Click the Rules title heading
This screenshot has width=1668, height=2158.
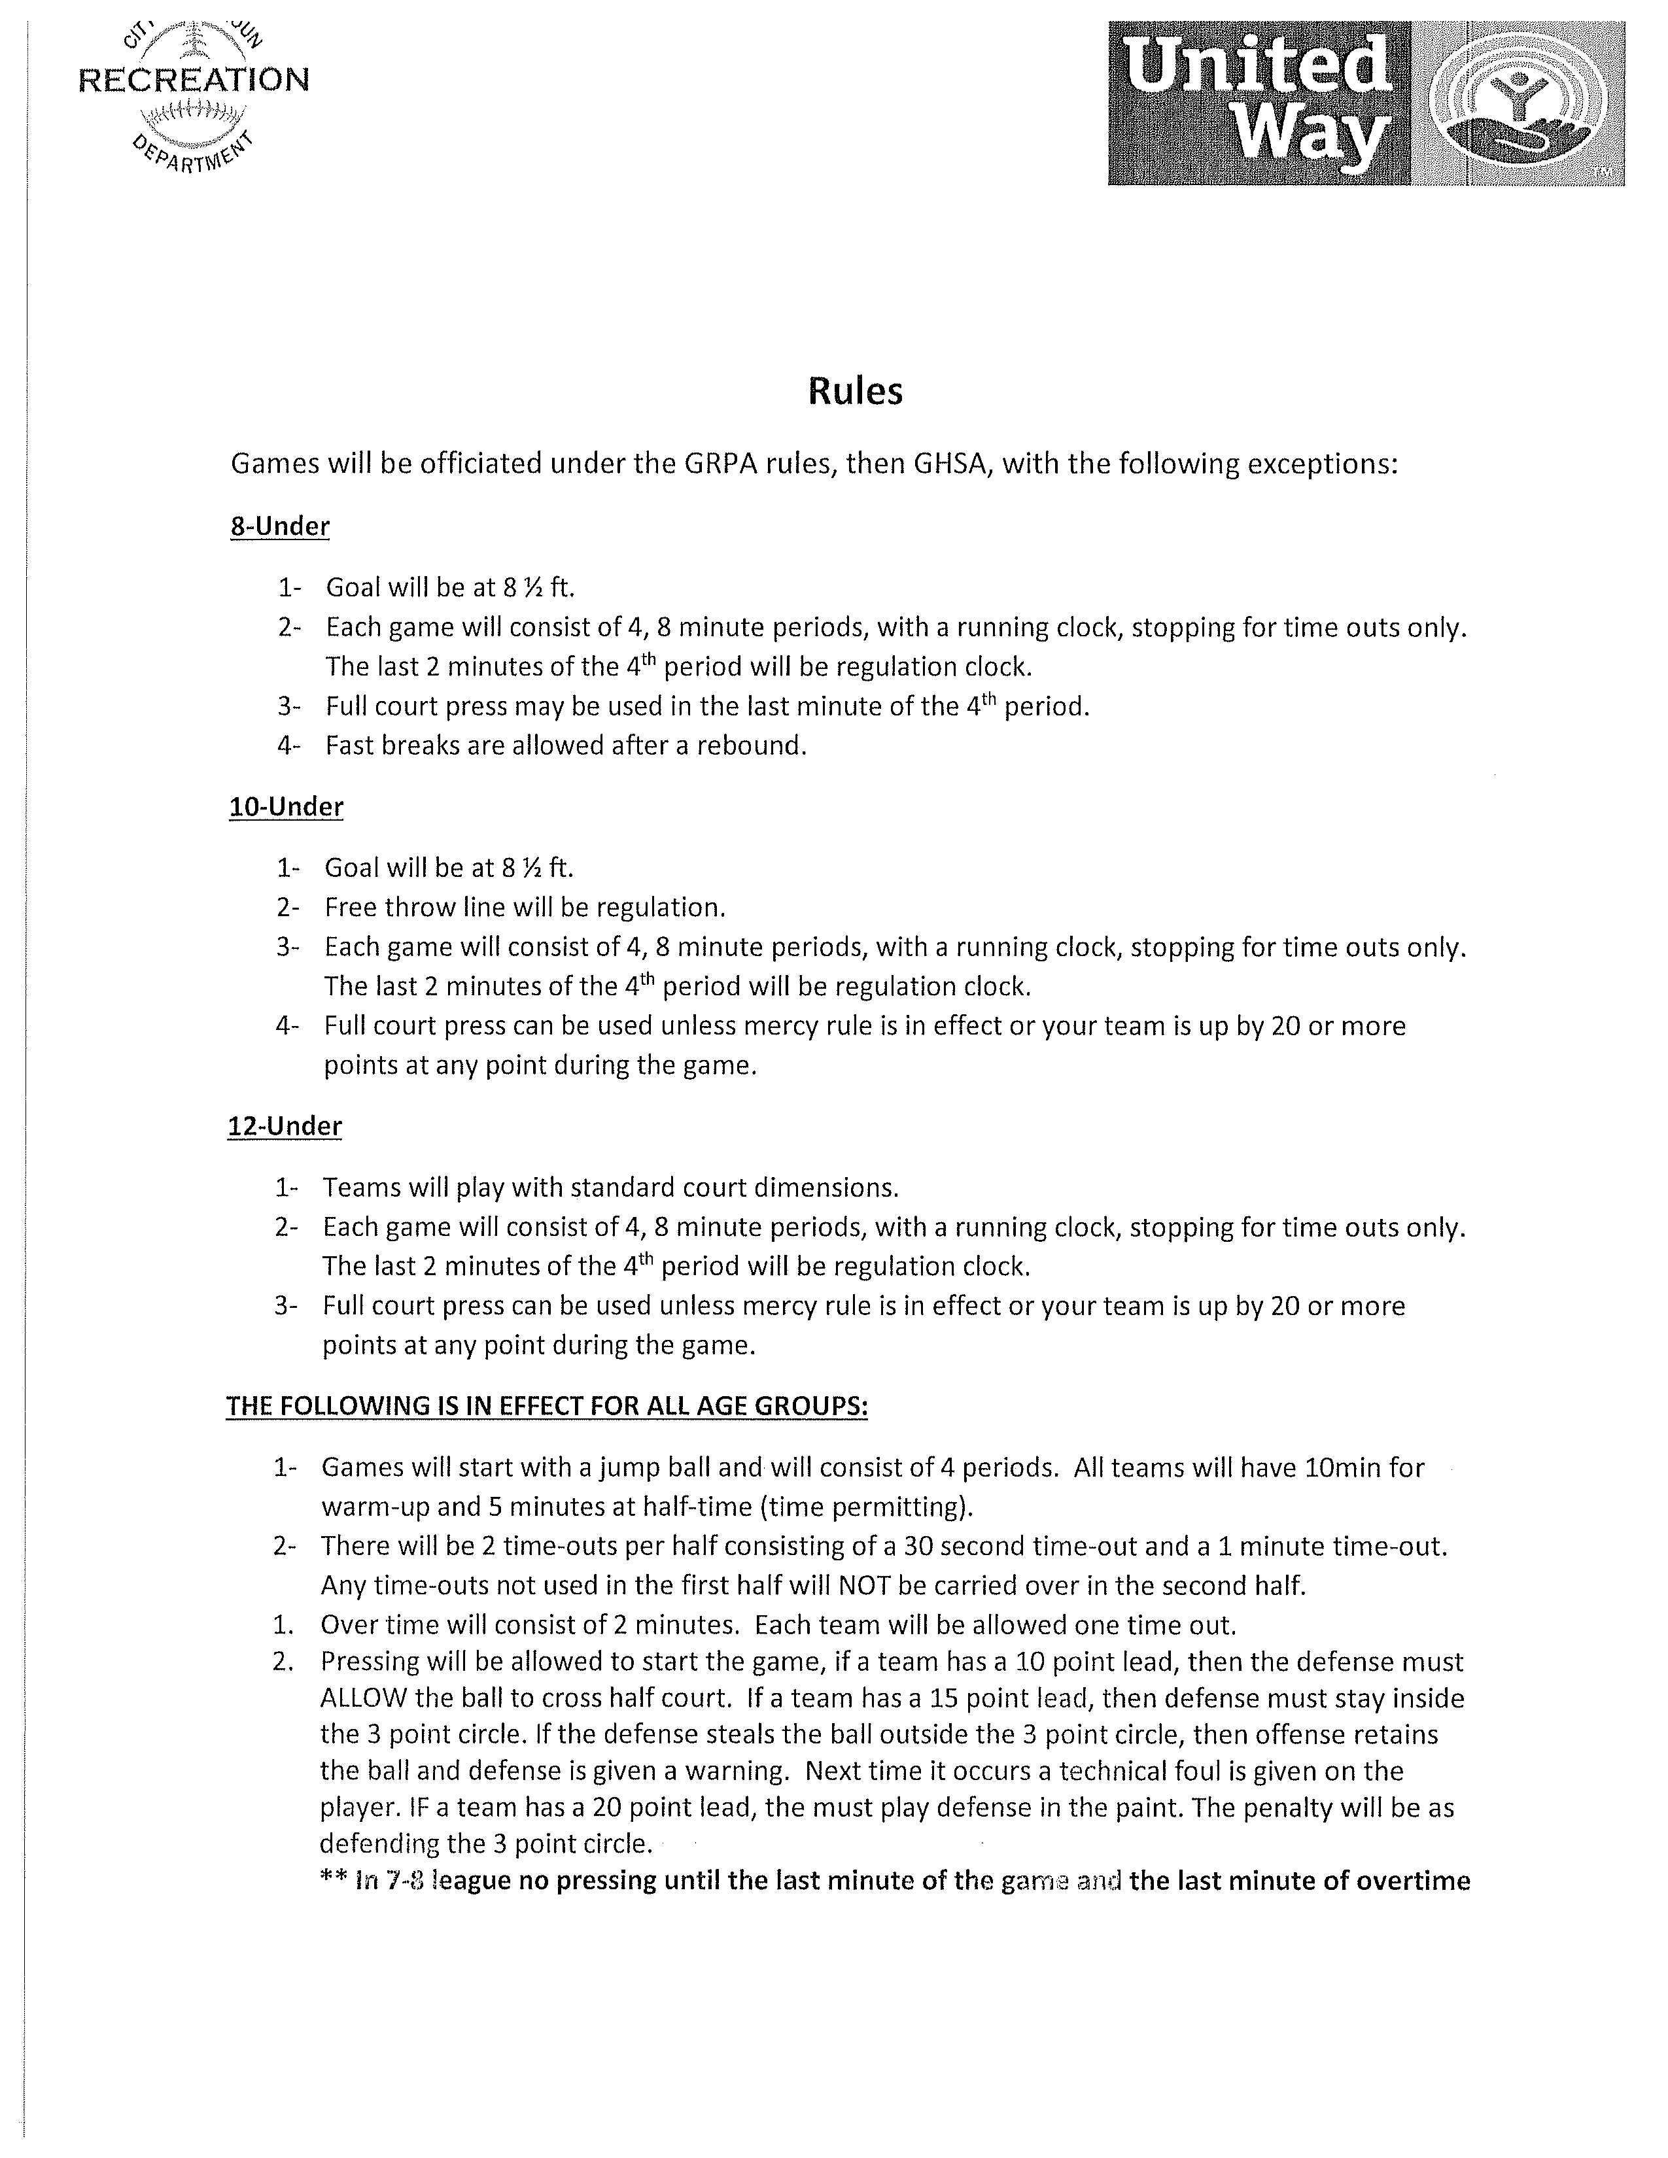pyautogui.click(x=855, y=391)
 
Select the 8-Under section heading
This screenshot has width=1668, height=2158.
pyautogui.click(x=280, y=526)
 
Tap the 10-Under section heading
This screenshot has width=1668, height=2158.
pyautogui.click(x=287, y=806)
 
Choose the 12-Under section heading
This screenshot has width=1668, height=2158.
pyautogui.click(x=285, y=1127)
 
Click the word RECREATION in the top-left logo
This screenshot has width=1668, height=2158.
pyautogui.click(x=194, y=80)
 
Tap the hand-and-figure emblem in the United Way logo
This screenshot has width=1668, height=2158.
pyautogui.click(x=1521, y=109)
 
